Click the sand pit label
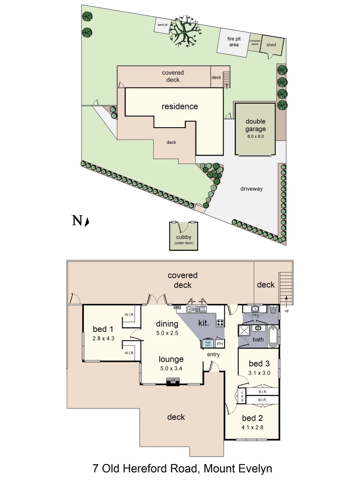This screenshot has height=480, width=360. pyautogui.click(x=163, y=25)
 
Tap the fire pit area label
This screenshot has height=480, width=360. pyautogui.click(x=234, y=42)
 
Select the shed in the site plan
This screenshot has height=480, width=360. pyautogui.click(x=271, y=45)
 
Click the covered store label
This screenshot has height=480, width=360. pyautogui.click(x=255, y=43)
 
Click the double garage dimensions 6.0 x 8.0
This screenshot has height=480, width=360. pyautogui.click(x=256, y=136)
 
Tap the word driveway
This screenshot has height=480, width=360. pyautogui.click(x=252, y=189)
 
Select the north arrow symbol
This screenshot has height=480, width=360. pyautogui.click(x=87, y=221)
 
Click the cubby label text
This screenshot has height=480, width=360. pyautogui.click(x=184, y=237)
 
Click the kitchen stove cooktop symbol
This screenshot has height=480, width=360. pyautogui.click(x=220, y=323)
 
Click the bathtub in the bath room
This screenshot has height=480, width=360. pyautogui.click(x=273, y=337)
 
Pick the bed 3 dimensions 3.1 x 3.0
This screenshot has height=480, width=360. pyautogui.click(x=260, y=373)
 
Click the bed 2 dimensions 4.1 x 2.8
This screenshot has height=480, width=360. pyautogui.click(x=252, y=428)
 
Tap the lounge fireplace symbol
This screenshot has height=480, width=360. pyautogui.click(x=172, y=381)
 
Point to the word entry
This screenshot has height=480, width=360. pyautogui.click(x=214, y=355)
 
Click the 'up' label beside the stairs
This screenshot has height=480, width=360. pyautogui.click(x=287, y=311)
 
